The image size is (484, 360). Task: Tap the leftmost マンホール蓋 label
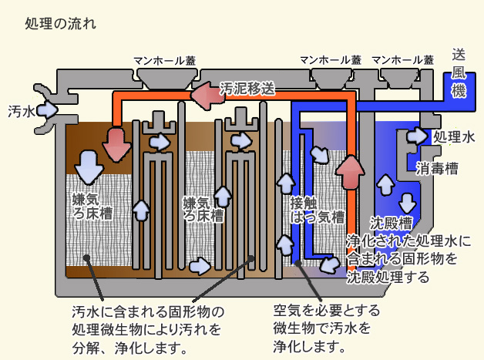[164, 60]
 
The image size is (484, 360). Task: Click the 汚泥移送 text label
[247, 87]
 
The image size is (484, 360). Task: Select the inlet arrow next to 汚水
[49, 109]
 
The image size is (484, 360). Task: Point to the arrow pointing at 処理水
[417, 136]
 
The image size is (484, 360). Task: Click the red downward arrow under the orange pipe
[116, 143]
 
